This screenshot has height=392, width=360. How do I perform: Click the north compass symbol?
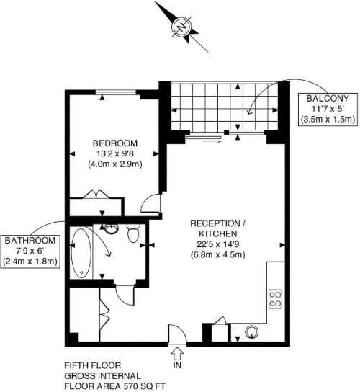point(182,27)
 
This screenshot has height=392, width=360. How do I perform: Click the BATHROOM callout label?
point(29,240)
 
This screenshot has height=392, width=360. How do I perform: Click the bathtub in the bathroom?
point(83,253)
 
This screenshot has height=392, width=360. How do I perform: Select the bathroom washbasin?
point(111,230)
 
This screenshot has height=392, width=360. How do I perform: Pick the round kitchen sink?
point(252,333)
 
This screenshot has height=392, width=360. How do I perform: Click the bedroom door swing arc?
point(150,202)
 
